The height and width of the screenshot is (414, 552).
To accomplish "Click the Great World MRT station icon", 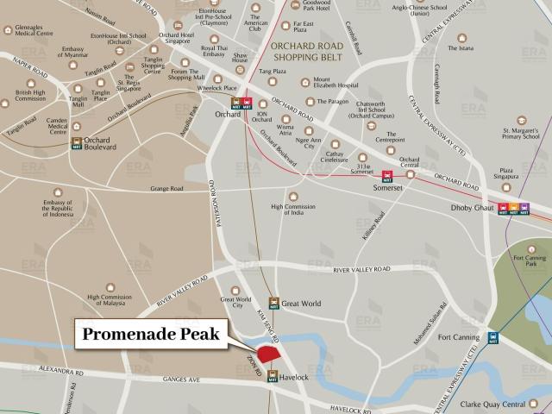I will pos(273,303).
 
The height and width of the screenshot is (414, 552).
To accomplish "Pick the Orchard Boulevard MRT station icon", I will pos(78,143).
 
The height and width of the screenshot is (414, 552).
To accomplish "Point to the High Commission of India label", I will pos(300,211).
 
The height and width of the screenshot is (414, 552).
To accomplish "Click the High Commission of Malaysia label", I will pos(110,301).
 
